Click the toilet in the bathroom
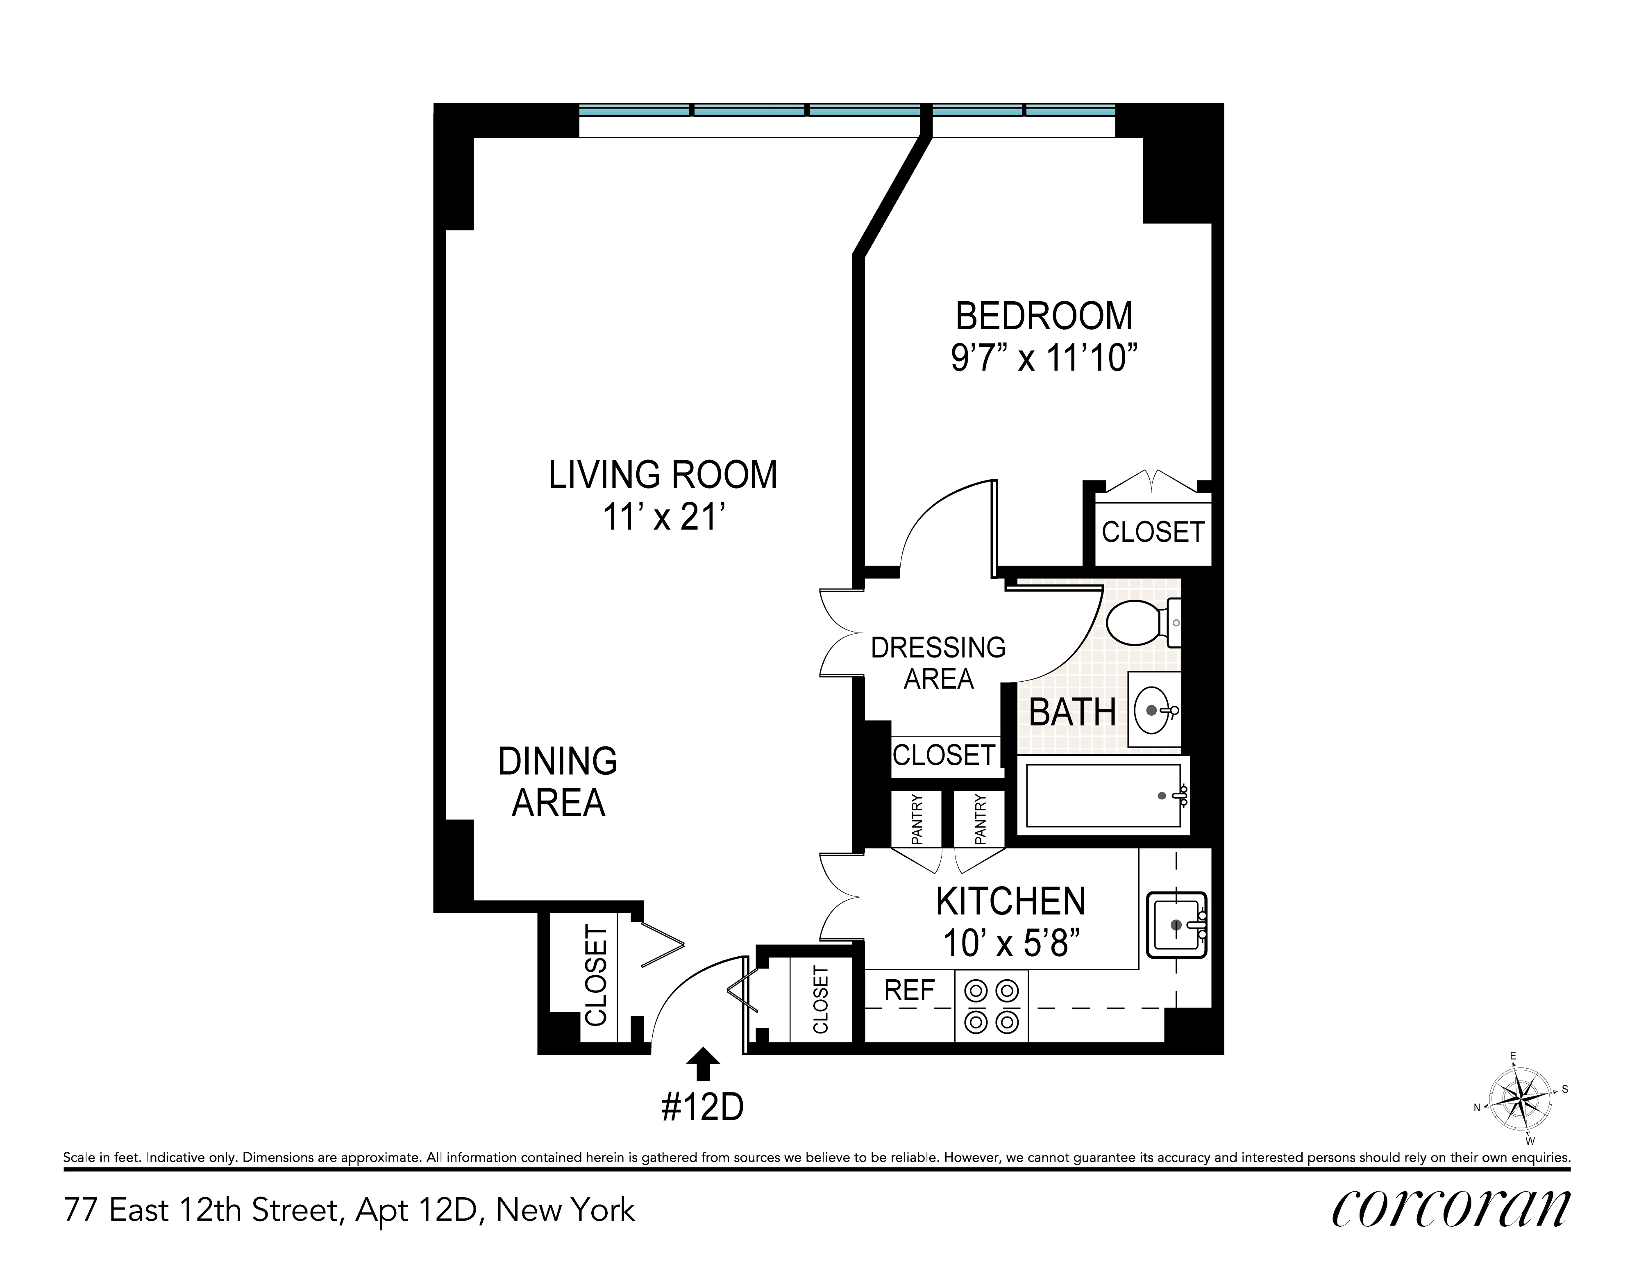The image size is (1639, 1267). coord(1141,622)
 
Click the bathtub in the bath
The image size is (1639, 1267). coord(1102,796)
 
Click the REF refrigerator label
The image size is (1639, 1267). coord(909,991)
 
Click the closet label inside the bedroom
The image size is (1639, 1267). coord(1152,532)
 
